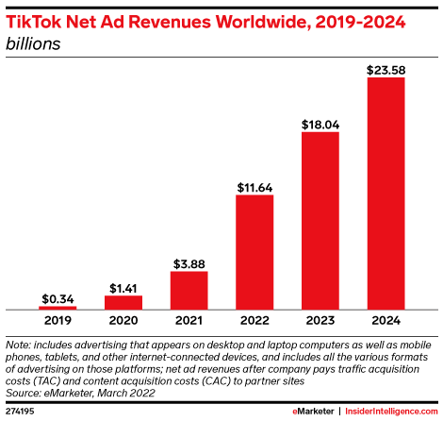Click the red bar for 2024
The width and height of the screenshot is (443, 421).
pyautogui.click(x=386, y=194)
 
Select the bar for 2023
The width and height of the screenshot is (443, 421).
pyautogui.click(x=320, y=221)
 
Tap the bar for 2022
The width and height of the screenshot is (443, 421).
pyautogui.click(x=254, y=252)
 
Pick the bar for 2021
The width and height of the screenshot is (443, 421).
pyautogui.click(x=189, y=290)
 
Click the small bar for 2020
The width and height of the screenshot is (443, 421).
pyautogui.click(x=123, y=302)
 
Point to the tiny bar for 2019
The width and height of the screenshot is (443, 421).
pyautogui.click(x=58, y=307)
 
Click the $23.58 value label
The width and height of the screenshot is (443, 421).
pyautogui.click(x=386, y=69)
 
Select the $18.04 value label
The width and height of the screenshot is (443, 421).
pyautogui.click(x=320, y=124)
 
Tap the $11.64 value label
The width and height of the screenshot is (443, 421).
pyautogui.click(x=254, y=187)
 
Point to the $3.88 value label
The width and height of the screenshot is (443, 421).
pyautogui.click(x=189, y=263)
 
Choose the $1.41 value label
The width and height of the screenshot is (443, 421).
pyautogui.click(x=123, y=288)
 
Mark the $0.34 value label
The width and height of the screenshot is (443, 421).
pyautogui.click(x=58, y=298)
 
